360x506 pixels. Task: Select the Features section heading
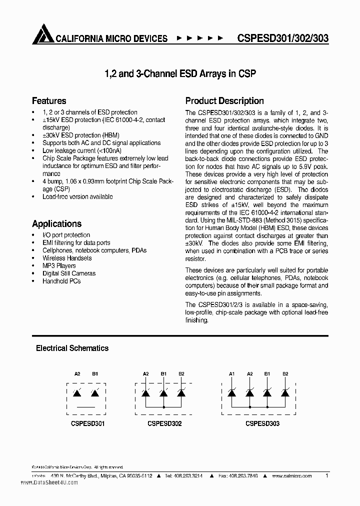click(x=49, y=100)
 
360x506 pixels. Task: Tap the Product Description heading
click(x=224, y=100)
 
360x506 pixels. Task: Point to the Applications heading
click(x=56, y=223)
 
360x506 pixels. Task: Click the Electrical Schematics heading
click(x=72, y=348)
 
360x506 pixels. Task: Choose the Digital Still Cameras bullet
click(x=69, y=273)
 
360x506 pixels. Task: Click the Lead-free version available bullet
click(x=77, y=197)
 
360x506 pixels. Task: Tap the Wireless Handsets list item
click(x=67, y=258)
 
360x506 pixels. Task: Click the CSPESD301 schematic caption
click(x=87, y=423)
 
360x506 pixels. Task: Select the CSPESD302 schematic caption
click(x=164, y=423)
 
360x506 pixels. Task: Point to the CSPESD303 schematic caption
click(x=262, y=423)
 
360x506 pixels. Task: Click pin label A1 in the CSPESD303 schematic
click(x=231, y=373)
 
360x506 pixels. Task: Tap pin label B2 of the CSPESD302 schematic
click(x=181, y=373)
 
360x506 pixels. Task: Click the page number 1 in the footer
click(x=326, y=476)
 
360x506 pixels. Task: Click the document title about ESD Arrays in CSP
click(x=180, y=73)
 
